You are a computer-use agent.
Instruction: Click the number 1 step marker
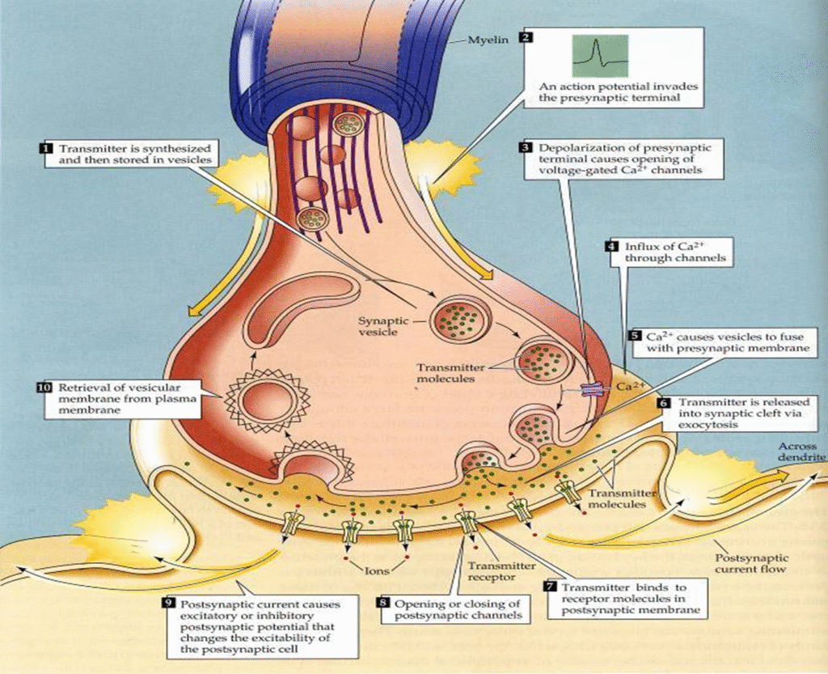tap(46, 149)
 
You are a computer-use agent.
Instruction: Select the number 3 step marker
tap(526, 148)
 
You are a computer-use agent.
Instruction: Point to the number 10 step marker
tap(45, 388)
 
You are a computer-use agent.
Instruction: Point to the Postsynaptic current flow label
tap(751, 564)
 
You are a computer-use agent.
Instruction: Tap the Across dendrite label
tap(801, 452)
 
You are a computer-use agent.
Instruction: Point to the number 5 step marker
tap(635, 335)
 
